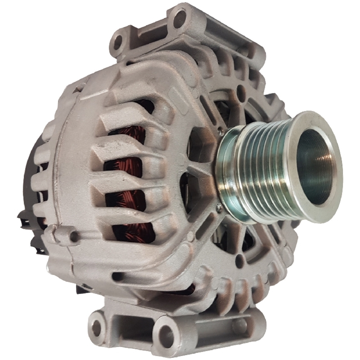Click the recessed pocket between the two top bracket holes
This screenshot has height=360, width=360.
click(x=151, y=36)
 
